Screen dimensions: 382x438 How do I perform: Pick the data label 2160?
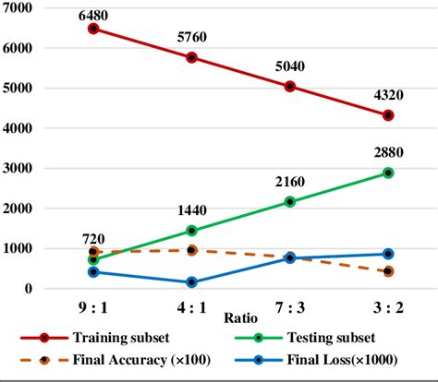(x=290, y=184)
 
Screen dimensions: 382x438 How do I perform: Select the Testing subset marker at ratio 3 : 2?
(x=388, y=173)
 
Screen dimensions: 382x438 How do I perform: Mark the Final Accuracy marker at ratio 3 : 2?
(x=388, y=271)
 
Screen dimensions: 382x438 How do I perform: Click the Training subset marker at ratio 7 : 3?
(x=290, y=87)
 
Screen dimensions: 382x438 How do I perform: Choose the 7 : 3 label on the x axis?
(x=290, y=304)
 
